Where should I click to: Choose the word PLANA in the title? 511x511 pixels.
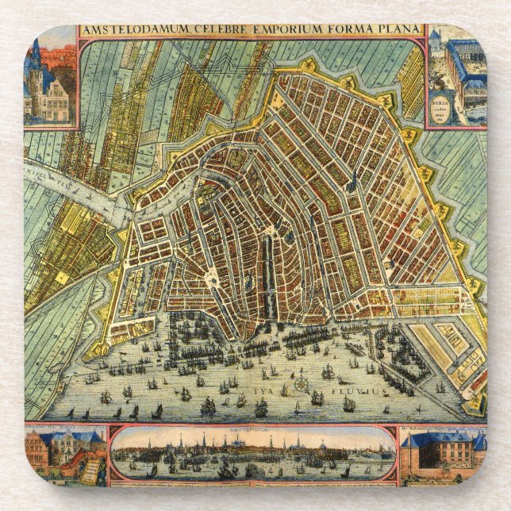pos(400,30)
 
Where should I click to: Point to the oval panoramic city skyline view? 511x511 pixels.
pos(252,454)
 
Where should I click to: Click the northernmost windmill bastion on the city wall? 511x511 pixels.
pos(305,63)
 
